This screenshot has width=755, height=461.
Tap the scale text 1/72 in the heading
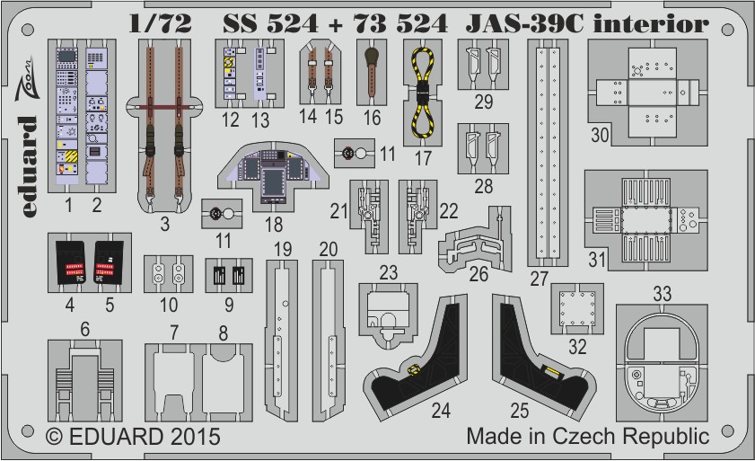tap(162, 24)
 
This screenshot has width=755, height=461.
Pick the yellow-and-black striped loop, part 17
tap(419, 91)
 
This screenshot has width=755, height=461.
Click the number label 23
tap(388, 272)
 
